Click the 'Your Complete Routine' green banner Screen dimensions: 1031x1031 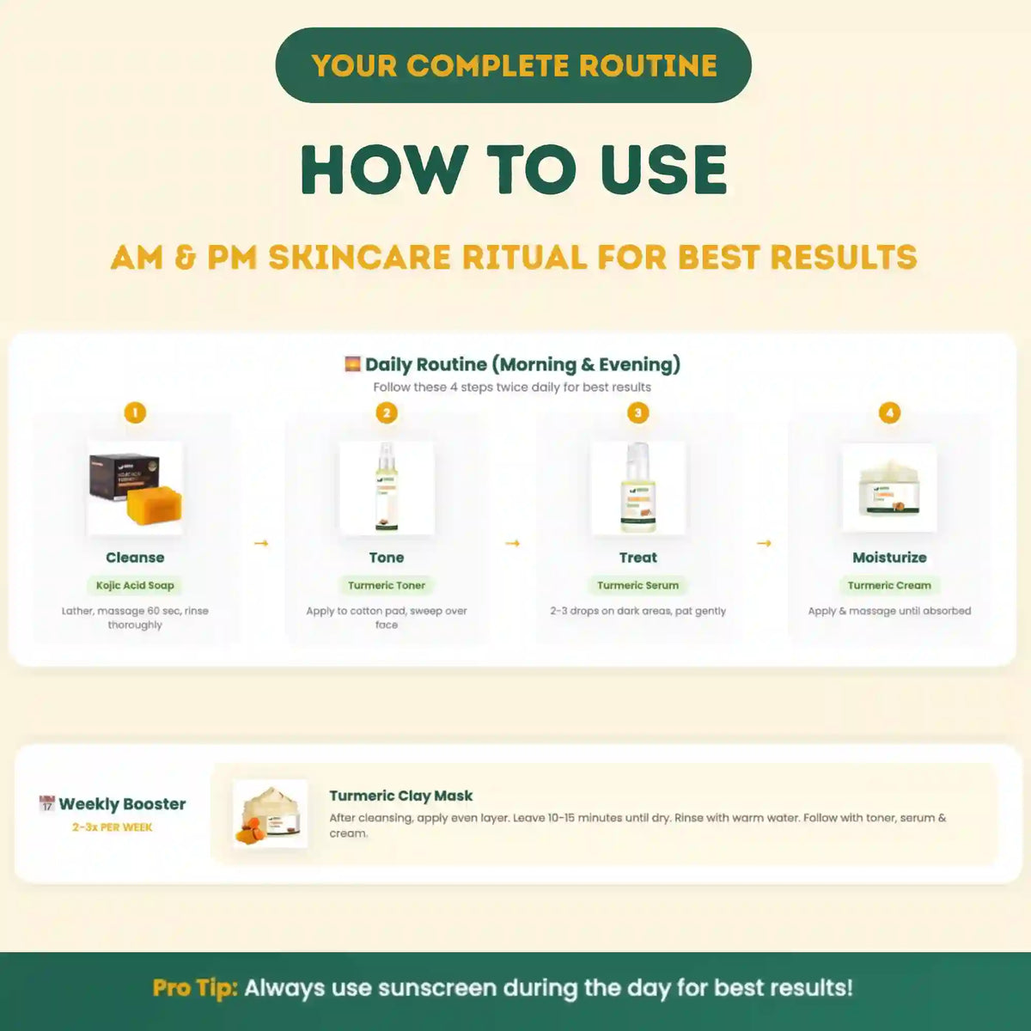point(513,65)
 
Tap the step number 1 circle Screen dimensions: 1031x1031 point(135,412)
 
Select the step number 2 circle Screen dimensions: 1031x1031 point(387,412)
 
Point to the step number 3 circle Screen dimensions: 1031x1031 point(638,412)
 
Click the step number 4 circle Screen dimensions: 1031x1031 point(889,412)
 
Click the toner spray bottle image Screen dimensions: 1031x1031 point(386,487)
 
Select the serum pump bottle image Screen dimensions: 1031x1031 point(638,487)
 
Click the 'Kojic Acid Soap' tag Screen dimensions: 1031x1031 point(135,585)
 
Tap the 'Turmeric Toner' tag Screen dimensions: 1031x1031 point(387,585)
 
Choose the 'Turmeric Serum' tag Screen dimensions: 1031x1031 point(638,585)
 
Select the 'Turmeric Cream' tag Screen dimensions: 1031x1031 point(889,585)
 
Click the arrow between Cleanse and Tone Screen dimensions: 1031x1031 point(261,543)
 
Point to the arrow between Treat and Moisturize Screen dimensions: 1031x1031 point(764,543)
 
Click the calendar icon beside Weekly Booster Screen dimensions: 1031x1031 point(47,804)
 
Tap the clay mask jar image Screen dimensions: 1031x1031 point(271,814)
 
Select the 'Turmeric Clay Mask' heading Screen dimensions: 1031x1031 point(400,796)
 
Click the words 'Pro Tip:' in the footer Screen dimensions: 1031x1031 point(194,988)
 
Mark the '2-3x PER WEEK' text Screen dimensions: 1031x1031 point(113,827)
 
